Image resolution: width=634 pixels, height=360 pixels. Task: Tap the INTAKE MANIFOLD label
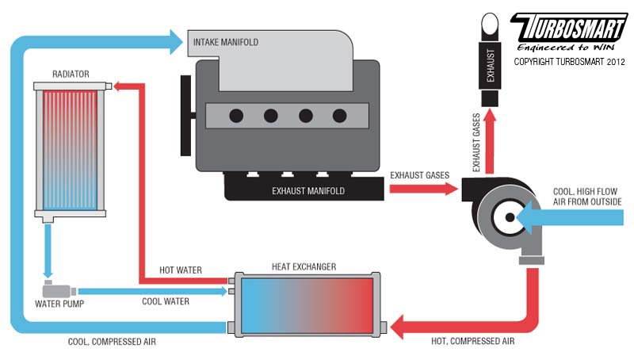(x=226, y=42)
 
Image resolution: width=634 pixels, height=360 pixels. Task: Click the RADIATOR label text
(x=71, y=74)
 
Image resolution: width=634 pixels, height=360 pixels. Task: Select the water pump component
(x=59, y=289)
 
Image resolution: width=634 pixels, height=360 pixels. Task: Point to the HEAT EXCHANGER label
(x=304, y=267)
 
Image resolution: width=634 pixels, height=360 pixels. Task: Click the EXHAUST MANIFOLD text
(x=308, y=191)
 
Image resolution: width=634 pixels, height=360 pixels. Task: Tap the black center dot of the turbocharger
(x=510, y=217)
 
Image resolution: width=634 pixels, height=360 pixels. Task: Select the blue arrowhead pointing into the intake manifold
(x=176, y=42)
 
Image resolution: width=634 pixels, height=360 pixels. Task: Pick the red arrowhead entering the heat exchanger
(x=397, y=327)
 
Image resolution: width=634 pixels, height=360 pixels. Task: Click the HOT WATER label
(x=181, y=270)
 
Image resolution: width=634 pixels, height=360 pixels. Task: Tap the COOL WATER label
(x=166, y=301)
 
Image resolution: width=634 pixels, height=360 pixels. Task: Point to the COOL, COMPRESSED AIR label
(x=112, y=342)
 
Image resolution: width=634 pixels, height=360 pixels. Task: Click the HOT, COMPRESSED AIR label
(x=472, y=341)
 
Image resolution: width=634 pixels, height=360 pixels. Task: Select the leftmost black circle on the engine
(x=236, y=116)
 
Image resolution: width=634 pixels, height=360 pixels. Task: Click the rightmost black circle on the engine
(x=340, y=116)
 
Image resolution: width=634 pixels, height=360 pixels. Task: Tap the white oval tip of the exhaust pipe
(x=490, y=24)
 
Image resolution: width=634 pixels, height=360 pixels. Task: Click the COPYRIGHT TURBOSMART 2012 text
(x=569, y=62)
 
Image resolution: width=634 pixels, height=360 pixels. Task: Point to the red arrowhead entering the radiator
(x=118, y=86)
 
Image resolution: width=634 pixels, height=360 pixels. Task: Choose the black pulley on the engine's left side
(x=185, y=115)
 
